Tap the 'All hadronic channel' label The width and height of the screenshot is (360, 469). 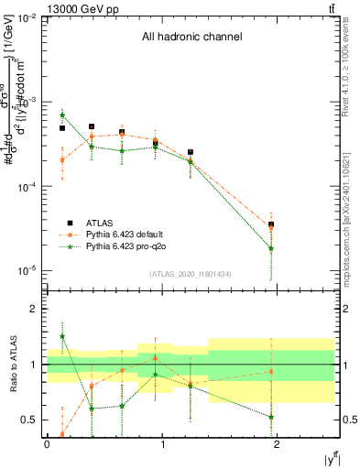point(191,38)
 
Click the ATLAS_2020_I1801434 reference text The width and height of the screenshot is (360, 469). point(191,274)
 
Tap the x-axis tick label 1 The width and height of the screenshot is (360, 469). point(162,445)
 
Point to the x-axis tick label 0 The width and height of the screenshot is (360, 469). point(47,445)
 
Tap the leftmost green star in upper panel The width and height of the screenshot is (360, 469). point(62,115)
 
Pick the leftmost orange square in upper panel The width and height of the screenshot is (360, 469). point(62,159)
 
